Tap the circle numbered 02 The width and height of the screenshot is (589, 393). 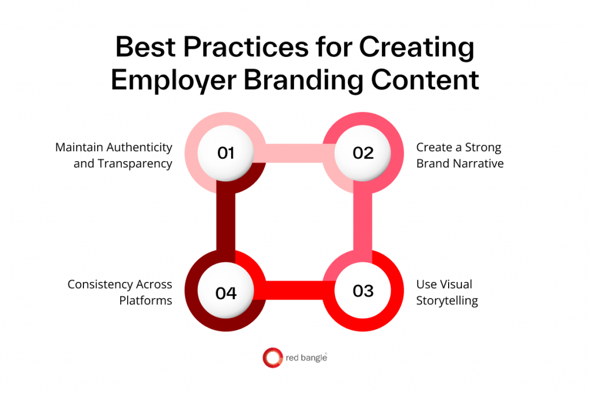(x=362, y=153)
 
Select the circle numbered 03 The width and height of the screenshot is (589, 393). (x=362, y=291)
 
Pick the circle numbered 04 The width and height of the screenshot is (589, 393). (x=226, y=292)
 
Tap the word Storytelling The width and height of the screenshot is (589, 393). (x=447, y=301)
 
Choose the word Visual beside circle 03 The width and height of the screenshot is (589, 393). (x=457, y=285)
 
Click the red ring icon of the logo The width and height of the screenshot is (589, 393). (x=272, y=357)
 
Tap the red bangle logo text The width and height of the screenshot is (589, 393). (x=306, y=358)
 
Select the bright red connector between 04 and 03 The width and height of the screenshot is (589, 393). (x=294, y=291)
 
